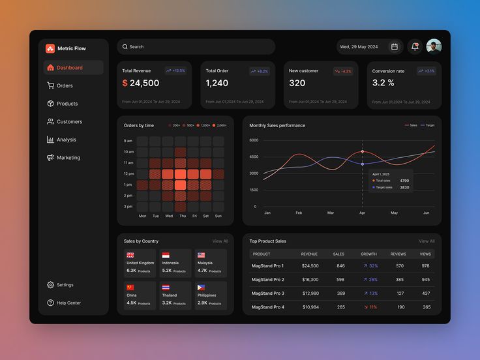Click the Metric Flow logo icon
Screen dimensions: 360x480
[50, 48]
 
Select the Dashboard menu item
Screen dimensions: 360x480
[69, 68]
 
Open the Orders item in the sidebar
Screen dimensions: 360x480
[65, 85]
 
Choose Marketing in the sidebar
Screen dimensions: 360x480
[68, 158]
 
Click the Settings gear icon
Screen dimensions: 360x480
[50, 285]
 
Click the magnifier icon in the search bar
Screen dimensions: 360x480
[125, 47]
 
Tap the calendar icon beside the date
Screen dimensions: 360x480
[394, 47]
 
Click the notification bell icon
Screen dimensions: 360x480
[415, 47]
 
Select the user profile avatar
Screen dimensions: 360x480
[434, 46]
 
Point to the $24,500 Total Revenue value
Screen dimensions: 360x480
[141, 83]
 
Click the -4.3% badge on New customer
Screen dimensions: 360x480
[343, 71]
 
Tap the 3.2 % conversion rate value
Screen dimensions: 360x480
[383, 83]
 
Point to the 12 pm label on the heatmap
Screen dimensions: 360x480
[128, 173]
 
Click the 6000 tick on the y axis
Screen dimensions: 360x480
[254, 140]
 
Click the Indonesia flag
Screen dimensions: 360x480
[166, 256]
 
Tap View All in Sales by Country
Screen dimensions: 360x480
[220, 241]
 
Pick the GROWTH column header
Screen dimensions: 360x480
[368, 254]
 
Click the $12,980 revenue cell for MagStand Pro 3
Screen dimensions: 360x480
[310, 293]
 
